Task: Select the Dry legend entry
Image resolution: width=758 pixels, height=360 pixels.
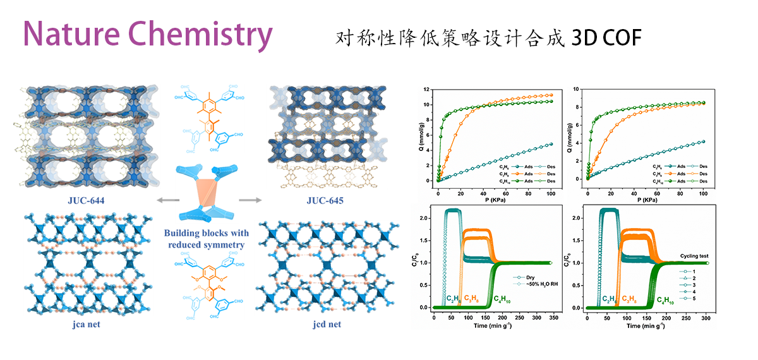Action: (525, 276)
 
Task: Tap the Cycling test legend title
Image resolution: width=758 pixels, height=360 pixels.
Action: (696, 257)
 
